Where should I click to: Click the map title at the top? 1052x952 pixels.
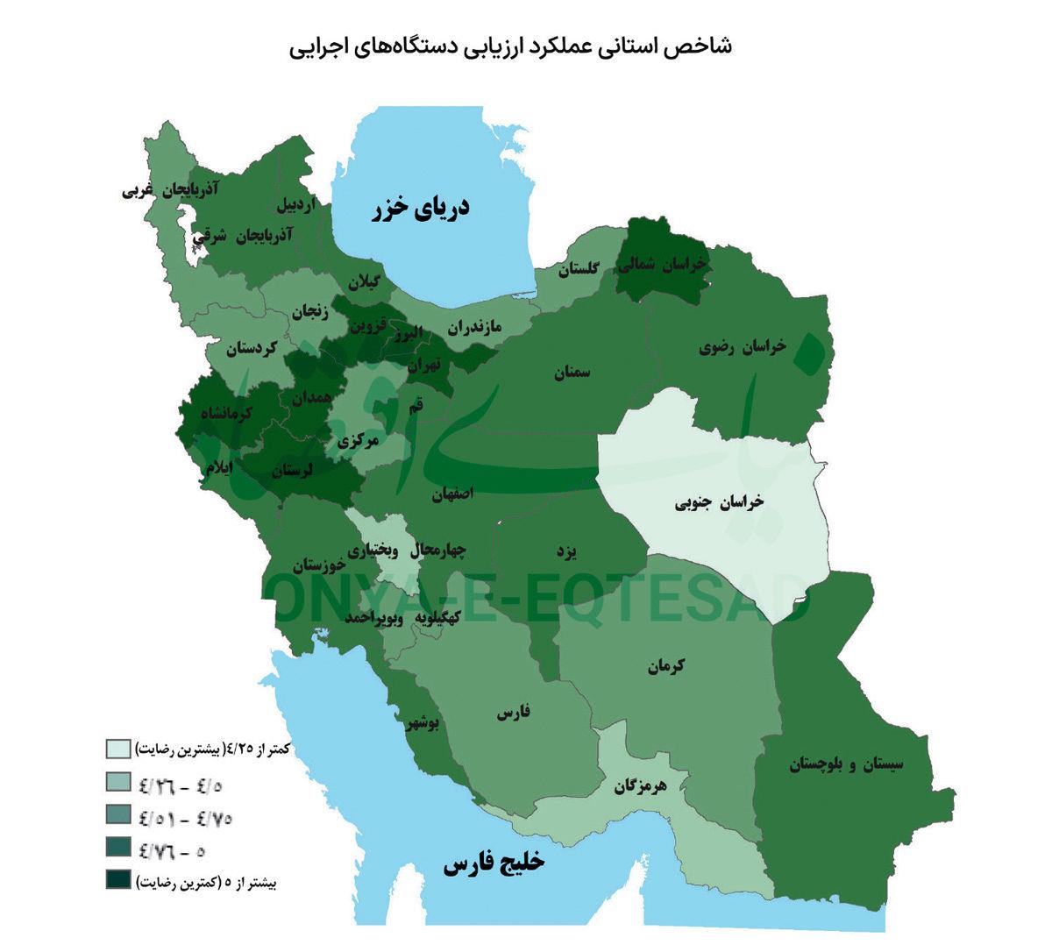(x=511, y=46)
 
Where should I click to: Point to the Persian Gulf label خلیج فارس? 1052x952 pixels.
(x=494, y=863)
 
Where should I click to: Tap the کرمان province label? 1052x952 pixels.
(x=667, y=666)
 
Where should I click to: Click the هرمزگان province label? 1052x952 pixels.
(x=640, y=785)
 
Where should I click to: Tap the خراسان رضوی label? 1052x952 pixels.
(x=743, y=347)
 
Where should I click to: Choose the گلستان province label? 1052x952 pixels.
(x=575, y=269)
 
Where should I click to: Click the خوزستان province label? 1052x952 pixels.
(x=302, y=563)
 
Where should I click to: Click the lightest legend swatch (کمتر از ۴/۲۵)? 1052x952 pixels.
(x=118, y=750)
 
